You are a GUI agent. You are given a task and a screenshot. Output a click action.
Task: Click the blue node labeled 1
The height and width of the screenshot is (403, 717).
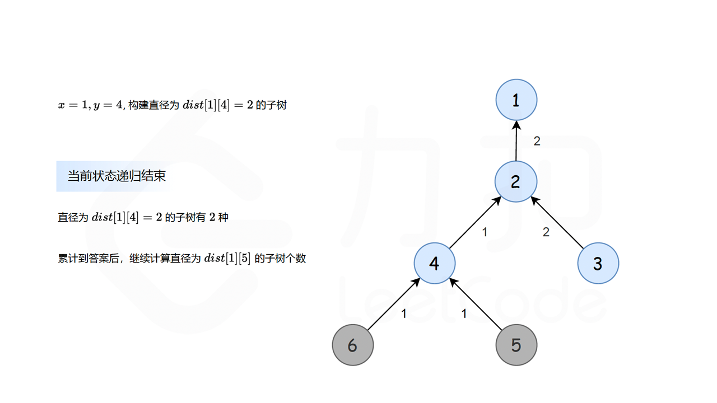click(x=516, y=100)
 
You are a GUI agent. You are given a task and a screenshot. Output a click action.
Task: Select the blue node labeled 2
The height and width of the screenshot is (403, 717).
click(x=516, y=181)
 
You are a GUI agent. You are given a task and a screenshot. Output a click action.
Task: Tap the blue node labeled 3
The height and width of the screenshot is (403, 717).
click(x=598, y=263)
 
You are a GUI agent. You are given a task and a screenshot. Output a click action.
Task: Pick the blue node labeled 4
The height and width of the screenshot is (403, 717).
click(x=435, y=263)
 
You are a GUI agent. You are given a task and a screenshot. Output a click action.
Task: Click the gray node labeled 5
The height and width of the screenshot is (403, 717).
click(x=516, y=345)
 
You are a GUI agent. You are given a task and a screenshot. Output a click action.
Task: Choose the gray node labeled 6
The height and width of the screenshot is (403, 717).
click(x=353, y=345)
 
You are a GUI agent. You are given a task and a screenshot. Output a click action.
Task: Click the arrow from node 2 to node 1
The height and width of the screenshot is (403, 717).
click(x=516, y=141)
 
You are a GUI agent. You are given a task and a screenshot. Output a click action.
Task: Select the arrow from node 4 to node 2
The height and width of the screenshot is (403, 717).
click(x=475, y=222)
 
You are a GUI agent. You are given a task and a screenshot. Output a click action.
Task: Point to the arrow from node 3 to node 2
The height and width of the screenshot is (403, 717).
click(x=558, y=222)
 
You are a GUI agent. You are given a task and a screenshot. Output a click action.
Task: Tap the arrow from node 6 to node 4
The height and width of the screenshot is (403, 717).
click(x=393, y=304)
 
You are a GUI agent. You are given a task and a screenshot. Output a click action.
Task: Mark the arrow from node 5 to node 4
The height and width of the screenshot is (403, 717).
click(x=476, y=304)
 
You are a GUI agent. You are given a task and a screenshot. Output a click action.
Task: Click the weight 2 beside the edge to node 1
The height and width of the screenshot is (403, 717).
click(x=537, y=141)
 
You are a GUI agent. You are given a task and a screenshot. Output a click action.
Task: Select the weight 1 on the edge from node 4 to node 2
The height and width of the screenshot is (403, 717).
click(x=485, y=232)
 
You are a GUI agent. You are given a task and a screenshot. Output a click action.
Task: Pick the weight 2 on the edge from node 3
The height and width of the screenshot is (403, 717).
click(x=546, y=232)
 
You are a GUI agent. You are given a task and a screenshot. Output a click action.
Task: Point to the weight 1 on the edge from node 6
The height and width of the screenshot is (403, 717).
click(x=404, y=314)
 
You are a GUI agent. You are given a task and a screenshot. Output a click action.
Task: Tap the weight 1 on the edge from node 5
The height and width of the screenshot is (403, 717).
click(x=464, y=314)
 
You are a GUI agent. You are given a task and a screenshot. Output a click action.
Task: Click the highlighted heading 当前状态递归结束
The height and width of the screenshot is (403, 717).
click(x=117, y=176)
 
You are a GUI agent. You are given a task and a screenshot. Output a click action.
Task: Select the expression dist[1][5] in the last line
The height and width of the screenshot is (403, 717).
click(x=227, y=259)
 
